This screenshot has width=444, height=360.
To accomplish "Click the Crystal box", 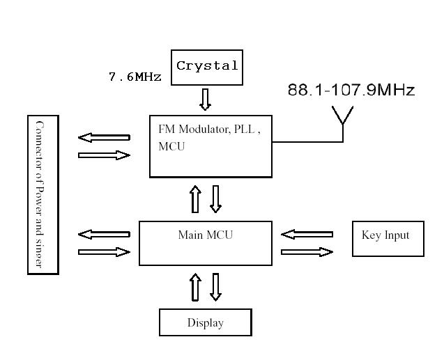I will coord(207,67).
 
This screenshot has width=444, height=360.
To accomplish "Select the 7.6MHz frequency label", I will coord(135,77).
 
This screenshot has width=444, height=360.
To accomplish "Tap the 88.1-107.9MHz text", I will coord(351,91).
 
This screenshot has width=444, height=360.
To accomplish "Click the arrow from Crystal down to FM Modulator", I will coord(205,99).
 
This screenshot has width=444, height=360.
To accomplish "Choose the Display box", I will coord(205,322).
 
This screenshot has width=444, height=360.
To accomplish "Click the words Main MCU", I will coord(205,235).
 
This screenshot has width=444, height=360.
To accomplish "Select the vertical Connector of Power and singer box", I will coord(43,195).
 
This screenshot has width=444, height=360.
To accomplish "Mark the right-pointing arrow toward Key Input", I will coord(307,252).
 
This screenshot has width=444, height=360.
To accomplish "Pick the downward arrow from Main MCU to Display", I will coord(215,287).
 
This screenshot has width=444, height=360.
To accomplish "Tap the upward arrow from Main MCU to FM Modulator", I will coord(196,199).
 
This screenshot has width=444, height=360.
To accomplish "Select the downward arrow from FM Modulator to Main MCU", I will coord(215,199).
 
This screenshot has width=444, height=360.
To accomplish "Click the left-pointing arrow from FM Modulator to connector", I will coord(105,137).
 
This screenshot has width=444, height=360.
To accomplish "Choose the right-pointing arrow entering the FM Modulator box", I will coord(105,155).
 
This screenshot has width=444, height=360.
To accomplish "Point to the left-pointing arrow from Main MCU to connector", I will coord(105,234).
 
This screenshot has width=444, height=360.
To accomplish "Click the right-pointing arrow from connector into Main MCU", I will coord(105,252).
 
